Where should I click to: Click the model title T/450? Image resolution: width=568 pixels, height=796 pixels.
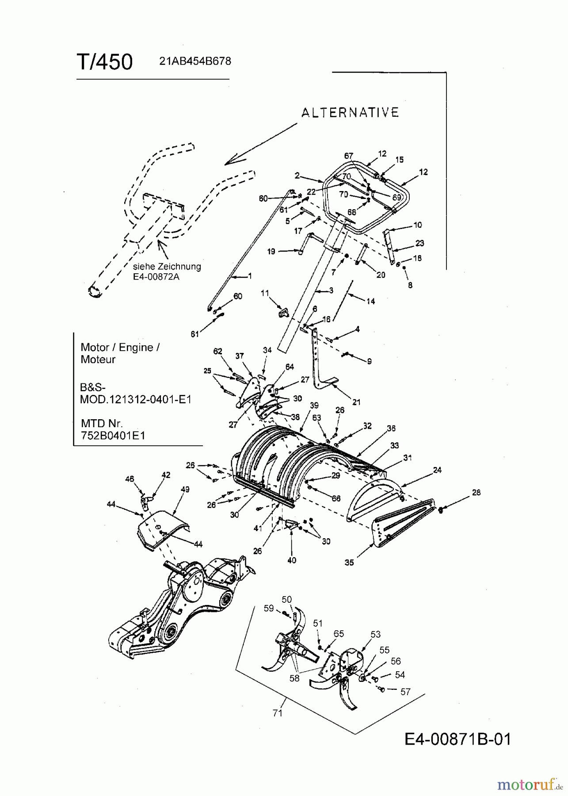(x=105, y=62)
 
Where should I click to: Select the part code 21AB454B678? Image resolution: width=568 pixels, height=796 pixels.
(x=195, y=61)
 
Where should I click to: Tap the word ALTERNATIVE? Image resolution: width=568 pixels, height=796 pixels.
(x=350, y=113)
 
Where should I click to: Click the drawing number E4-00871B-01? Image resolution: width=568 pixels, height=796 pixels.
(x=457, y=739)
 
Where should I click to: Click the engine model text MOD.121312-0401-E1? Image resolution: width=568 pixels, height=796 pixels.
(x=136, y=399)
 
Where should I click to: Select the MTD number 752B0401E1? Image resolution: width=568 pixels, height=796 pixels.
(x=113, y=435)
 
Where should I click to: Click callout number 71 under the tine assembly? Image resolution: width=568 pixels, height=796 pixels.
(x=278, y=713)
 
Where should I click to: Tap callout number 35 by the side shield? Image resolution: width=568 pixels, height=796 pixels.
(x=349, y=563)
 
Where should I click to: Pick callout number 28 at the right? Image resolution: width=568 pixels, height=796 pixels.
(x=476, y=492)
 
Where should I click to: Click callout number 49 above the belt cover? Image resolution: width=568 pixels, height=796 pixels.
(x=185, y=489)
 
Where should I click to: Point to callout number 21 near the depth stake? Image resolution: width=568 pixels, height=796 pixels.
(x=356, y=402)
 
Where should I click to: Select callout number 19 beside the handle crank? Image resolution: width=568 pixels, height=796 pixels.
(x=271, y=251)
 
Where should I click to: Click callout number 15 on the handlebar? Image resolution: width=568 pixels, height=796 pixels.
(x=400, y=160)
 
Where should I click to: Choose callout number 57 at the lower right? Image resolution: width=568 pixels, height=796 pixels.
(x=405, y=692)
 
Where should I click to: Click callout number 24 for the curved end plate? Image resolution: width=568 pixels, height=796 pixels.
(x=437, y=470)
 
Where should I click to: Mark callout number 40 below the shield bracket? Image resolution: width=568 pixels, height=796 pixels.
(x=292, y=560)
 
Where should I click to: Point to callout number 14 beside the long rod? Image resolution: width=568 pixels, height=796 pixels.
(x=370, y=301)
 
